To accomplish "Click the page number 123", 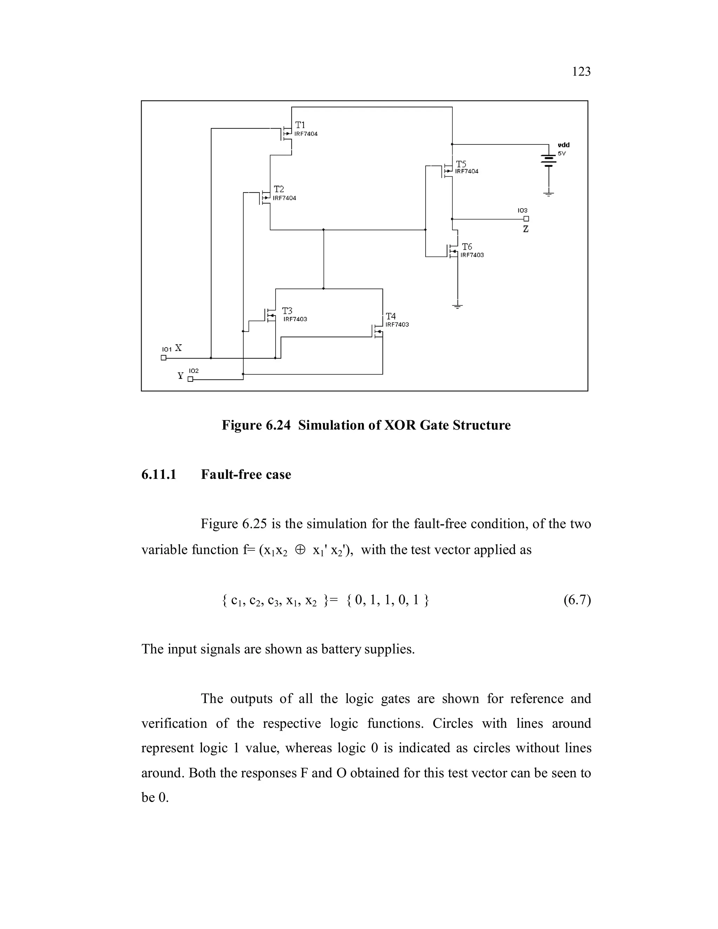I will click(x=581, y=72).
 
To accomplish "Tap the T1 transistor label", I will click(x=300, y=125).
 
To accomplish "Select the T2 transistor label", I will click(x=279, y=189).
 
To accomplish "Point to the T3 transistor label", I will click(x=287, y=311).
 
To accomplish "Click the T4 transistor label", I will click(x=391, y=317).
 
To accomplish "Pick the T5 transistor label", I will click(x=461, y=164).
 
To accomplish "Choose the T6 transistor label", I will click(x=467, y=247).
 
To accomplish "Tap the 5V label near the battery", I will click(x=562, y=154).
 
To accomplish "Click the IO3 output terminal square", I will click(x=526, y=219).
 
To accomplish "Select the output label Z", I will click(x=526, y=229).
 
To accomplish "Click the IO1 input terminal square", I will click(x=163, y=358).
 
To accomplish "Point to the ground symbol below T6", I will click(x=458, y=306).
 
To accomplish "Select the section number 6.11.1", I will click(x=159, y=474).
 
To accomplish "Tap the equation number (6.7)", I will click(x=577, y=600).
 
